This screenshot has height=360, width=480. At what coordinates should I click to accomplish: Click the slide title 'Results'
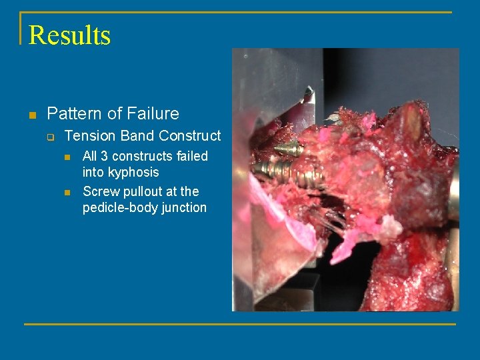coord(69,35)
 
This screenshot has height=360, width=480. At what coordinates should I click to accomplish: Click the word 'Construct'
coord(190,136)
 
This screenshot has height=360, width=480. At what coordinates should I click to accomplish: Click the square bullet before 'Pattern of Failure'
coord(31,115)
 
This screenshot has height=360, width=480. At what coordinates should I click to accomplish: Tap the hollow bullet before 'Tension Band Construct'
coord(50,137)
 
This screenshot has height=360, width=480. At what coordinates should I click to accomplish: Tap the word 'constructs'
coord(142,156)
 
